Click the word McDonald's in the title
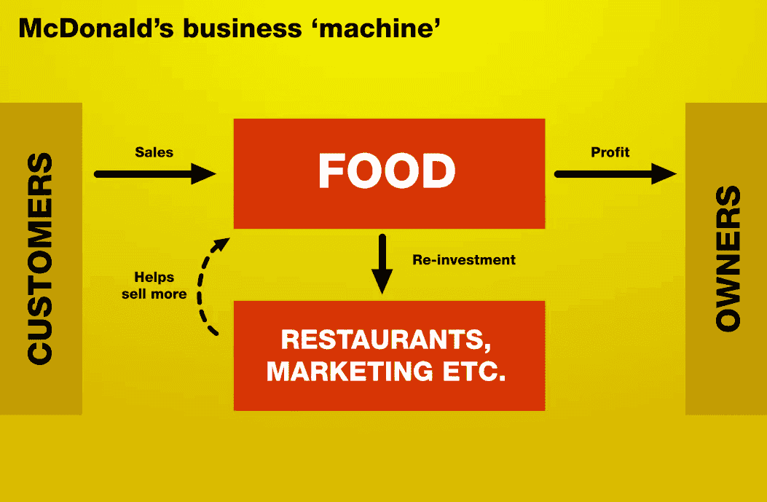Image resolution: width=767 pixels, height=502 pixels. coord(96,28)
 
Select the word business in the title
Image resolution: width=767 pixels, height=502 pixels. coord(242,28)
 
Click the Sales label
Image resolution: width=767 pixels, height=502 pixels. coord(154,152)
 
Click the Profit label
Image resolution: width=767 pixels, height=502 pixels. coord(610,152)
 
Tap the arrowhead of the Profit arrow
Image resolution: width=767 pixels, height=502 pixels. coord(664,173)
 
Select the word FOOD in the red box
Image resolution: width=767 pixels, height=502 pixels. coord(387,171)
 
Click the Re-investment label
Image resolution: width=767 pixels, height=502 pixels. coord(464,260)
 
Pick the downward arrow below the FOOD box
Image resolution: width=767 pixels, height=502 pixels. coord(382,264)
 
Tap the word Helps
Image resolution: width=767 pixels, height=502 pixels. coord(154,278)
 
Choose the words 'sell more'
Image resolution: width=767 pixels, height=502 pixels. coord(154,294)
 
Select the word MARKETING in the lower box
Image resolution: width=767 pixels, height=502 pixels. coord(350,371)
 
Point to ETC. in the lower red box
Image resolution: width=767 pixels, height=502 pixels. coord(474,371)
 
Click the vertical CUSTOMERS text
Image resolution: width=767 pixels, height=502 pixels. coord(40,259)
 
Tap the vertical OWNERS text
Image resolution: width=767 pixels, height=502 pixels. coord(728,259)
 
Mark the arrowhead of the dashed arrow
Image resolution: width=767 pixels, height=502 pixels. coord(223,243)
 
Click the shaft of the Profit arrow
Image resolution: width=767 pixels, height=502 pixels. coord(604,173)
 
